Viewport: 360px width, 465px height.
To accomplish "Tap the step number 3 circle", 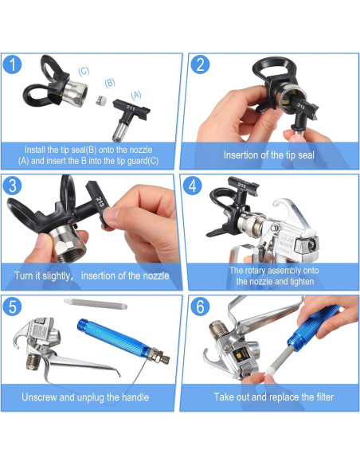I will [x=13, y=186].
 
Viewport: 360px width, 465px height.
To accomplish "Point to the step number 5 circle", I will [x=13, y=307].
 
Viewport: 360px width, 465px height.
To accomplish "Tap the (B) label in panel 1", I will [x=110, y=82].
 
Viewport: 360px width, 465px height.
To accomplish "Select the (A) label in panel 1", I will [x=136, y=95].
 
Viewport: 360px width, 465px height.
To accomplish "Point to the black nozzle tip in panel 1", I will [x=127, y=113].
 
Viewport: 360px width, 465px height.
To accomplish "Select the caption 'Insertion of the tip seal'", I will [x=267, y=155].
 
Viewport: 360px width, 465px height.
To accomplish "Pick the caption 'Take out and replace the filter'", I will [x=273, y=397].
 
